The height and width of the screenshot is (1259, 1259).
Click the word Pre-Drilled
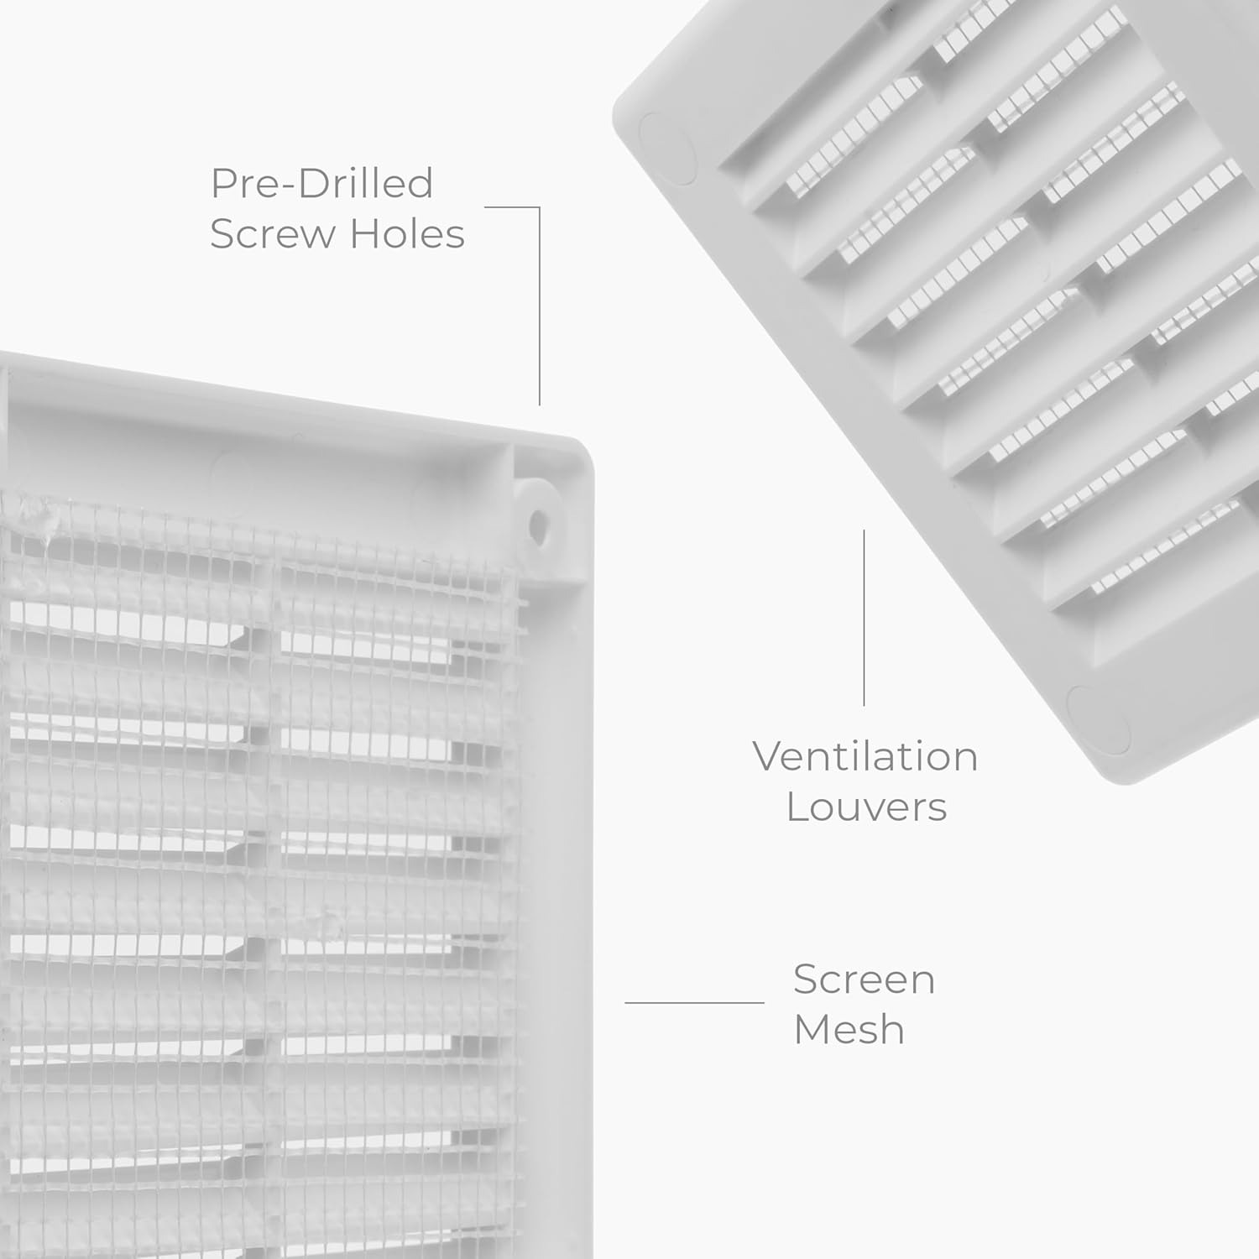point(321,184)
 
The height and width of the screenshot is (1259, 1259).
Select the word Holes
point(407,234)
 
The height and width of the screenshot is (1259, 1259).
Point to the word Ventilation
point(865,756)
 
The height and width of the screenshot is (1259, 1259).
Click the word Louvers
point(866,807)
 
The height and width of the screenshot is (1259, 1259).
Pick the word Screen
point(864,980)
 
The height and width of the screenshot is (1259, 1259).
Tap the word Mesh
point(849,1030)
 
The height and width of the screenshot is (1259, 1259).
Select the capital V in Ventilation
point(768,756)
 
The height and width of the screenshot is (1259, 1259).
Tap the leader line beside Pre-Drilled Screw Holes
point(539,302)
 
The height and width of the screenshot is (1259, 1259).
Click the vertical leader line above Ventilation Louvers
point(864,617)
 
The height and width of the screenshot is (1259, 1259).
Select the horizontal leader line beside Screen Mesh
point(694,1002)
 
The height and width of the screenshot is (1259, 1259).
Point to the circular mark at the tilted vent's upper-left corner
point(667,149)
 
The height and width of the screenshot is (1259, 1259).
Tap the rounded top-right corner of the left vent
point(579,453)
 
